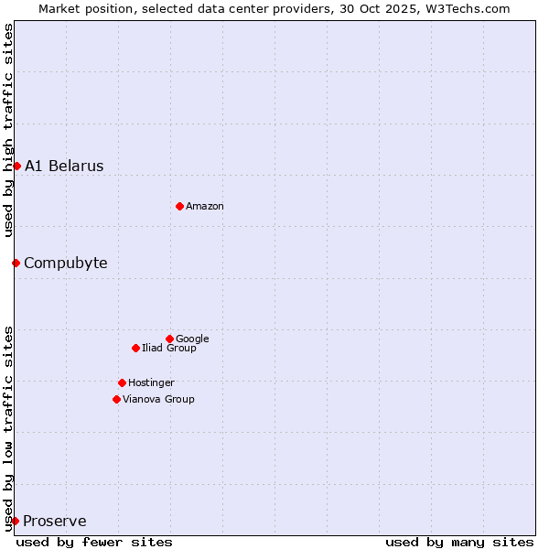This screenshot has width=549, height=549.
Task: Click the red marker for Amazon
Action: [x=179, y=206]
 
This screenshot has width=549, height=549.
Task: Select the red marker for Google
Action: [x=169, y=339]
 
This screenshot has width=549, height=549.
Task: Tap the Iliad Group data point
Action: [x=135, y=348]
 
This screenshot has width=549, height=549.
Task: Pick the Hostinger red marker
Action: [x=122, y=382]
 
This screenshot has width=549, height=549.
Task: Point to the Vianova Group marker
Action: [x=116, y=399]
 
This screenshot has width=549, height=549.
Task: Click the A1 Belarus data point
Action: [x=16, y=166]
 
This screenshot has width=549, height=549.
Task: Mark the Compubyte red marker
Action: [x=16, y=263]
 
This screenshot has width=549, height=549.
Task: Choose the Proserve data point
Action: [x=15, y=521]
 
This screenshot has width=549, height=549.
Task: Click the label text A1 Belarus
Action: [x=64, y=167]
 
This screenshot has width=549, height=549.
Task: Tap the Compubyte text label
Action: [x=65, y=264]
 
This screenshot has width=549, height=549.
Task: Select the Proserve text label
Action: [x=55, y=522]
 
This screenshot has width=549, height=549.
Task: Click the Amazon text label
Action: [x=205, y=207]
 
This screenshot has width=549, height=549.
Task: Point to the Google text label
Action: [x=192, y=339]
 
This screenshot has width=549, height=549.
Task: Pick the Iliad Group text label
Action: [x=169, y=349]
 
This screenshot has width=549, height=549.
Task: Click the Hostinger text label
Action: [x=151, y=383]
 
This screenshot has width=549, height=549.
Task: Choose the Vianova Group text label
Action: [x=158, y=400]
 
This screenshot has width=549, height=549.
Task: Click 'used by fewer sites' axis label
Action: [x=94, y=542]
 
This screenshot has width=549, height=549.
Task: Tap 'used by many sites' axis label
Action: [x=459, y=542]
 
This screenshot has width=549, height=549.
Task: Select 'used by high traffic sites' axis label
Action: [x=8, y=130]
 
